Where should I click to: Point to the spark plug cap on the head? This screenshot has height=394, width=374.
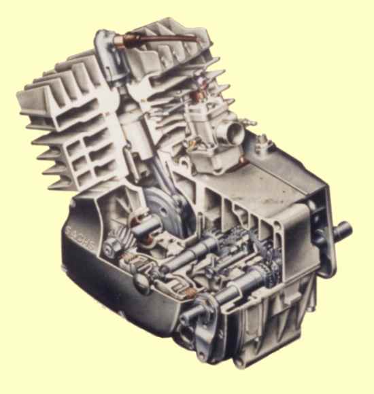[x=120, y=41]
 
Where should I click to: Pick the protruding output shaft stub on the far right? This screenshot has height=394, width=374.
[x=343, y=230]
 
